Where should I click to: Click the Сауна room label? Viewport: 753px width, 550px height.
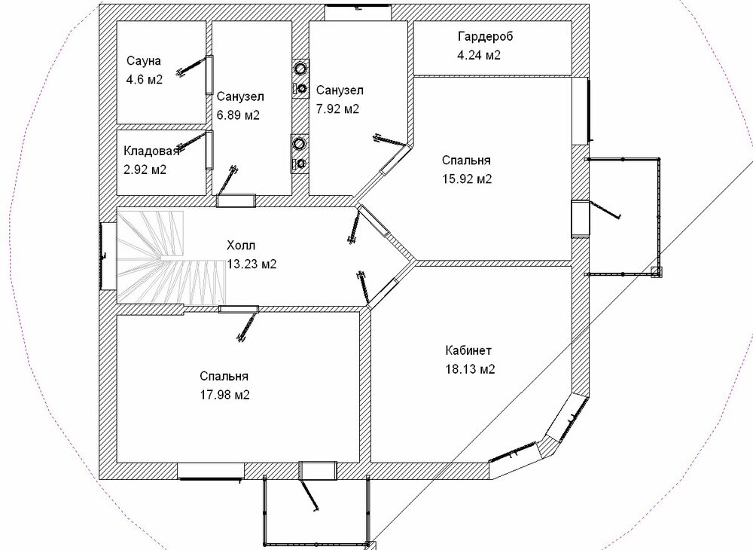click(144, 62)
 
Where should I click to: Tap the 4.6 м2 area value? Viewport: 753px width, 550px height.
click(144, 79)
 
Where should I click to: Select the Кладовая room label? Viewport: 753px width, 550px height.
click(151, 151)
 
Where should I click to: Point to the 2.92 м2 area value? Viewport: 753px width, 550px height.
click(145, 170)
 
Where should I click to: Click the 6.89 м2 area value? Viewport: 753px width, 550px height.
click(238, 115)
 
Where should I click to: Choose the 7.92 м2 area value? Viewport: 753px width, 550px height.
click(337, 109)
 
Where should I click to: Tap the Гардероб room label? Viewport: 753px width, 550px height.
click(486, 37)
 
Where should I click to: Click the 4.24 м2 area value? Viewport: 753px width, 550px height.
click(479, 55)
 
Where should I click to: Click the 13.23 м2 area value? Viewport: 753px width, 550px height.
click(252, 264)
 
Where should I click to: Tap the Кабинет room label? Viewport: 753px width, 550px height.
click(468, 350)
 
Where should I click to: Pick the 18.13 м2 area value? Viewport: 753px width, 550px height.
click(470, 369)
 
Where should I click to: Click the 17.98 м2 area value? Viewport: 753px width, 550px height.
click(224, 395)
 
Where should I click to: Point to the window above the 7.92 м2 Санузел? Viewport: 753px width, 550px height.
click(358, 11)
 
